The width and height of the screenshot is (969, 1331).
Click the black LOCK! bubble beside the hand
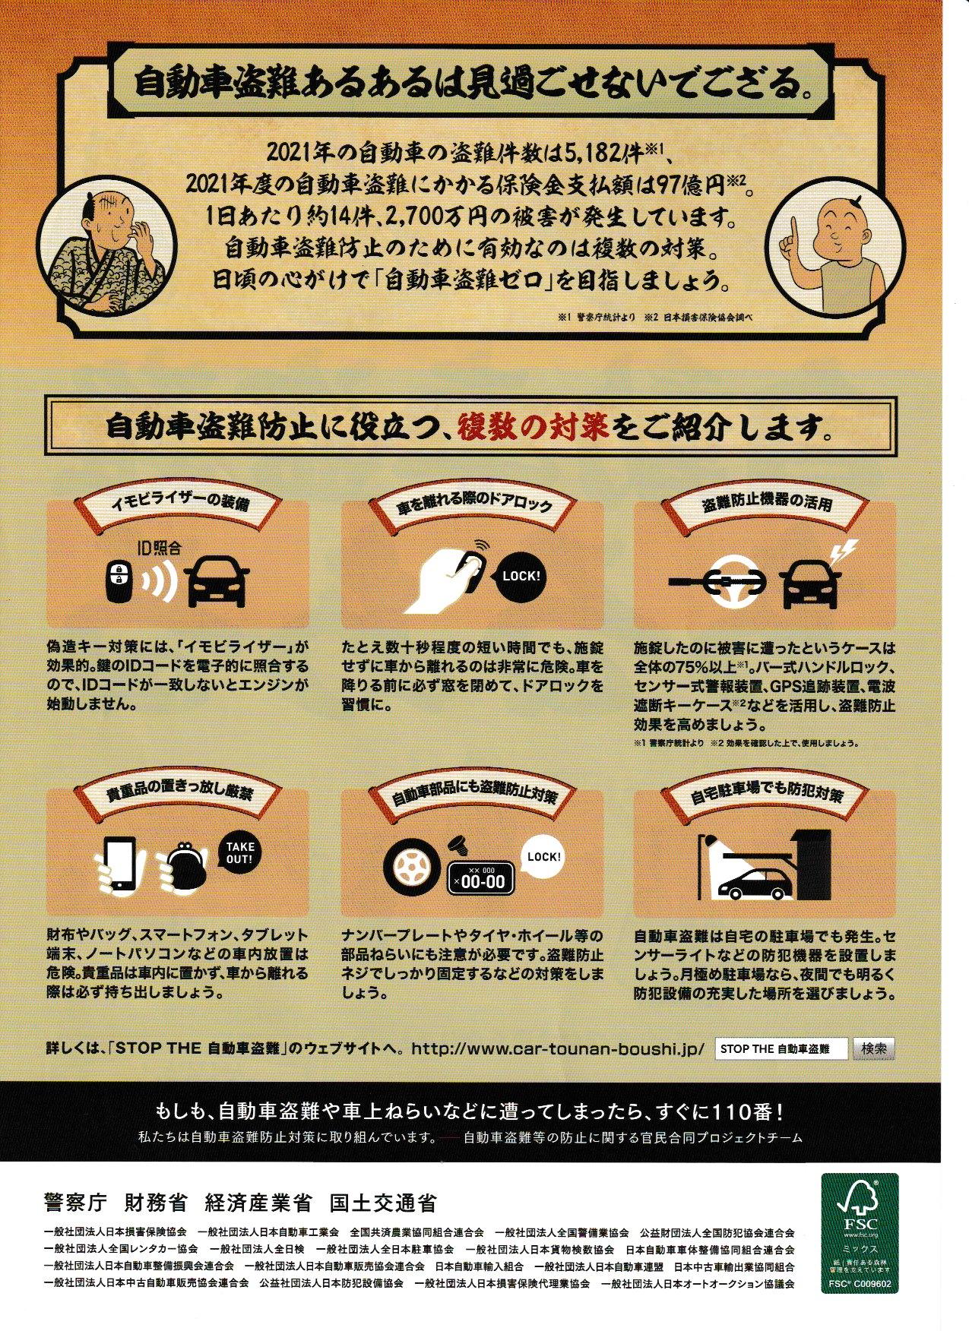coord(521,575)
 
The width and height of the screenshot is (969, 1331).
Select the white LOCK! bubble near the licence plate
coord(544,856)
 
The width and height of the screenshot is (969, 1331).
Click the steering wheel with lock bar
coord(719,581)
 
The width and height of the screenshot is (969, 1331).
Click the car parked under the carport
coord(754,883)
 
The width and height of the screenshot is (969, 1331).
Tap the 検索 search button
coord(874,1048)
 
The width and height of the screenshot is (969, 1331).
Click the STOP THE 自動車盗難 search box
coord(782,1048)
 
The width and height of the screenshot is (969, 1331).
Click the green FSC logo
coord(859,1232)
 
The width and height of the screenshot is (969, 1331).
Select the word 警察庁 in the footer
coord(78,1203)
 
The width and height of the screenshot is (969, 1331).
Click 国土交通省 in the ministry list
coord(383,1203)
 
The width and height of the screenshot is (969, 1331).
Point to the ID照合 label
coord(159,545)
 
